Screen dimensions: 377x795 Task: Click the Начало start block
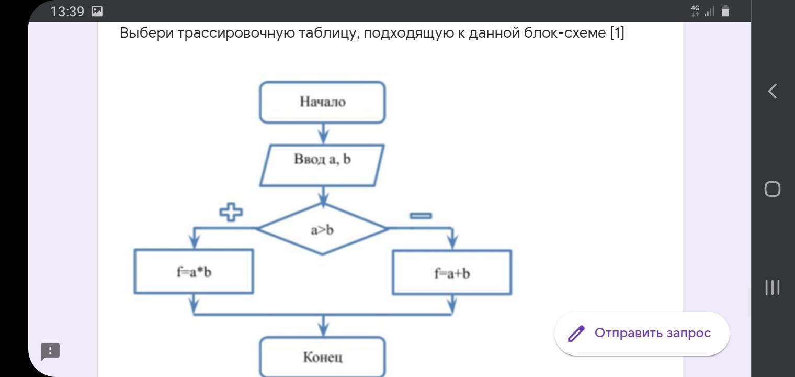[322, 102]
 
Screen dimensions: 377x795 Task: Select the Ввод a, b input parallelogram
[322, 165]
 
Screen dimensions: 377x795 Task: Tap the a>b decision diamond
[322, 229]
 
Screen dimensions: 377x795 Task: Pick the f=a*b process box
[194, 272]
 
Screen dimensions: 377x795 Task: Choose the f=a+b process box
[452, 273]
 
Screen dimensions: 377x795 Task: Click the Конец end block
[322, 357]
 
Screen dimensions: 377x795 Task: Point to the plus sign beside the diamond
[231, 212]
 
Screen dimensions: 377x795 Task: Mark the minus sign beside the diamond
[421, 215]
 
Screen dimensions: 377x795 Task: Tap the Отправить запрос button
[642, 334]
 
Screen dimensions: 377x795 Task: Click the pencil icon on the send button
[576, 334]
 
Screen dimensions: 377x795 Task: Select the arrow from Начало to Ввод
[323, 134]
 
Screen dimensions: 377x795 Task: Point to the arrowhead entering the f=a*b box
[195, 241]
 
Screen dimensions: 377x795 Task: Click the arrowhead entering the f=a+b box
[452, 242]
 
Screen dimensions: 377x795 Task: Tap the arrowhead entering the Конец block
[324, 329]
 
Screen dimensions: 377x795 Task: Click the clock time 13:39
[67, 12]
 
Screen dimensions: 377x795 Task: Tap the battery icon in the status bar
[725, 11]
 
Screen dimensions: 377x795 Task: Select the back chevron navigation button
[772, 91]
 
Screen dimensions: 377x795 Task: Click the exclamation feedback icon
[51, 351]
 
